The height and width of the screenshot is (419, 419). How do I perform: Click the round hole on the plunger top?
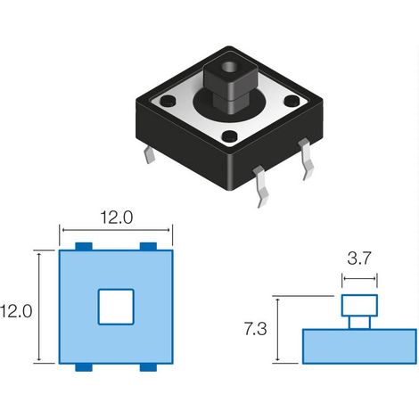229,68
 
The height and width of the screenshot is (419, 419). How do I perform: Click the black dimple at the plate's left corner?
168,101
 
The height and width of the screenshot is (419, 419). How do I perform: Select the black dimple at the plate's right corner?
292,101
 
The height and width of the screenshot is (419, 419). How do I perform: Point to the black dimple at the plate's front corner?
229,136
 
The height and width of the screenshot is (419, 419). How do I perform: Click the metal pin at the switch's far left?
150,155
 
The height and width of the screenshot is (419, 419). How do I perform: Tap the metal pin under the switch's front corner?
260,185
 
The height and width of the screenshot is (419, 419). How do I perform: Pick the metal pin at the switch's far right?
307,159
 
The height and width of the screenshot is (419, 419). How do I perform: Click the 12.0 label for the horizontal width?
117,218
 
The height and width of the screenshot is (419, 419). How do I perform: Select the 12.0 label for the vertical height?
16,311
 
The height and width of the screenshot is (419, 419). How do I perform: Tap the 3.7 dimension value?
359,259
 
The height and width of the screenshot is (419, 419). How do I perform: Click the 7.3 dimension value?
256,329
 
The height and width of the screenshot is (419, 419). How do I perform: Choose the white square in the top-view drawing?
116,307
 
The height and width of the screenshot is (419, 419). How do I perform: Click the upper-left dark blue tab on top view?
84,246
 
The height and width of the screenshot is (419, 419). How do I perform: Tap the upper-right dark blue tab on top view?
148,246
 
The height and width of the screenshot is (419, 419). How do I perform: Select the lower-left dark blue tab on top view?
84,367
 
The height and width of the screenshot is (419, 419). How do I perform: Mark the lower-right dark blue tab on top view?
148,367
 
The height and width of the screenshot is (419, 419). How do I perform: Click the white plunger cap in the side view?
359,306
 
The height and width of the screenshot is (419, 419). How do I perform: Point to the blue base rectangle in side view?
359,346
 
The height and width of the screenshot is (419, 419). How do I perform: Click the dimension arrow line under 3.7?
359,279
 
